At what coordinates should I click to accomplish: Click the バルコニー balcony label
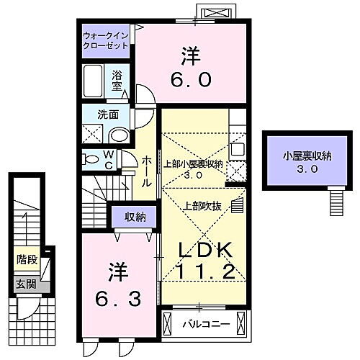211,325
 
